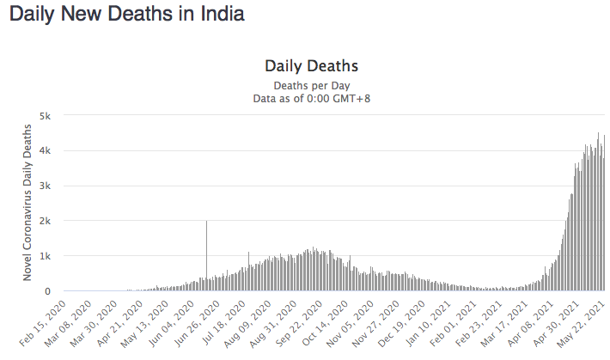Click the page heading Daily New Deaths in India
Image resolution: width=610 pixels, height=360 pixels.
point(126,15)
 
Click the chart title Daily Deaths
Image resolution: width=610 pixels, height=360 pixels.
point(311,66)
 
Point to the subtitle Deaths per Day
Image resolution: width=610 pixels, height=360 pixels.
point(311,85)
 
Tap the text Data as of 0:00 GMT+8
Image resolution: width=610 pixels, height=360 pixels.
point(311,98)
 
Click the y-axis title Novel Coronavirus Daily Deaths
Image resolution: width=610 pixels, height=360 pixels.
point(29,204)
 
